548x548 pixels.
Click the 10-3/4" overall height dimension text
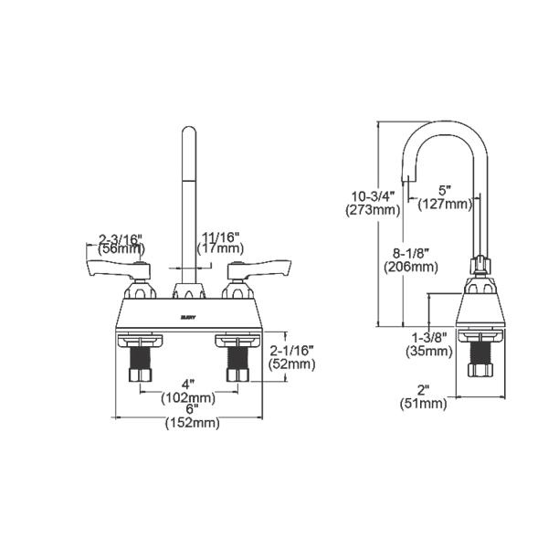(x=373, y=195)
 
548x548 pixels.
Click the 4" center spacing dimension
(x=190, y=384)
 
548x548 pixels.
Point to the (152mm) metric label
(x=193, y=423)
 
